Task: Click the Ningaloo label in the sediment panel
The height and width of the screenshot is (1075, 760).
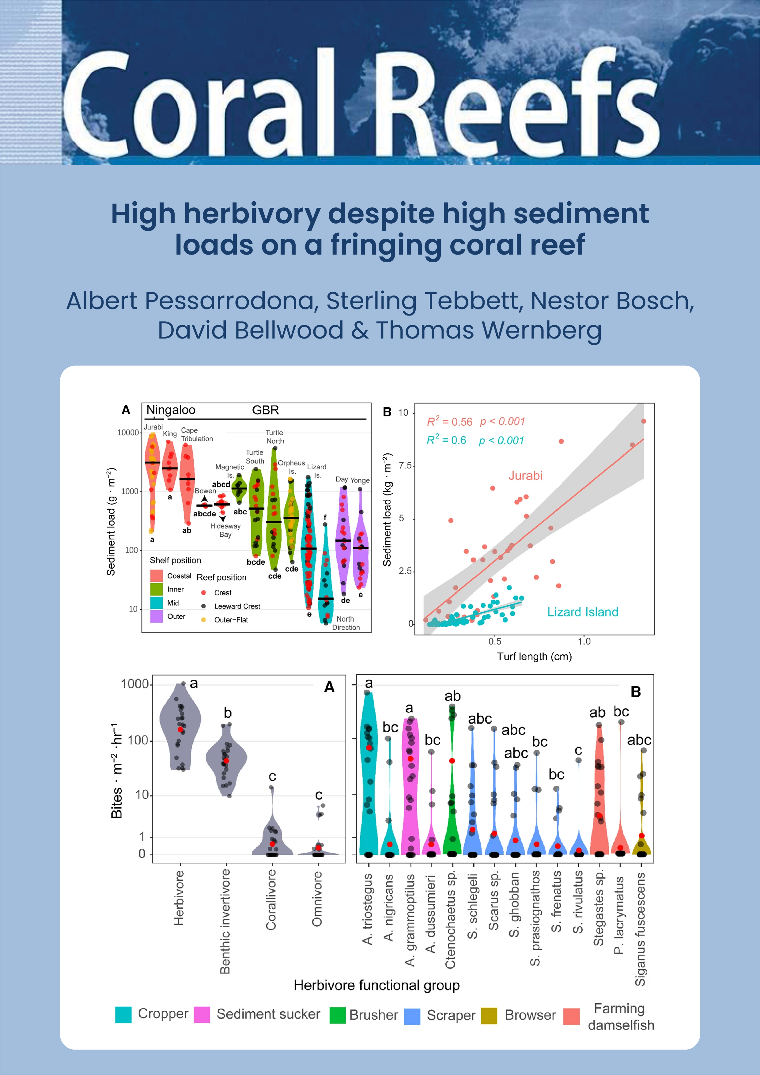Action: pos(170,410)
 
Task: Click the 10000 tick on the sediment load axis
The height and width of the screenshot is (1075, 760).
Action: pos(128,433)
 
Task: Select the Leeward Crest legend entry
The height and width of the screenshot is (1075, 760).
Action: pos(237,606)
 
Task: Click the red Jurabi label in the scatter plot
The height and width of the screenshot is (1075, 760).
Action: pos(525,476)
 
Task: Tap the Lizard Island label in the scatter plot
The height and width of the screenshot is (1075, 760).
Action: pos(583,612)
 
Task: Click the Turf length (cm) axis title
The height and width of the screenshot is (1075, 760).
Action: pos(534,657)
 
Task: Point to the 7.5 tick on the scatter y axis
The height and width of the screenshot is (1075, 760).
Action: pos(405,465)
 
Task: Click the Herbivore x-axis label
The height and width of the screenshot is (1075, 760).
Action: pos(179,898)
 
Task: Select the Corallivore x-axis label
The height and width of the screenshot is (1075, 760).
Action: pos(271,899)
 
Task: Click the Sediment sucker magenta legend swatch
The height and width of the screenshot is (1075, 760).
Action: pos(202,1015)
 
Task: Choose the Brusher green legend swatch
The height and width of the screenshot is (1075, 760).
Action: pos(337,1015)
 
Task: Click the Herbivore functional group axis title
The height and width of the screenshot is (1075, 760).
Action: pos(376,985)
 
